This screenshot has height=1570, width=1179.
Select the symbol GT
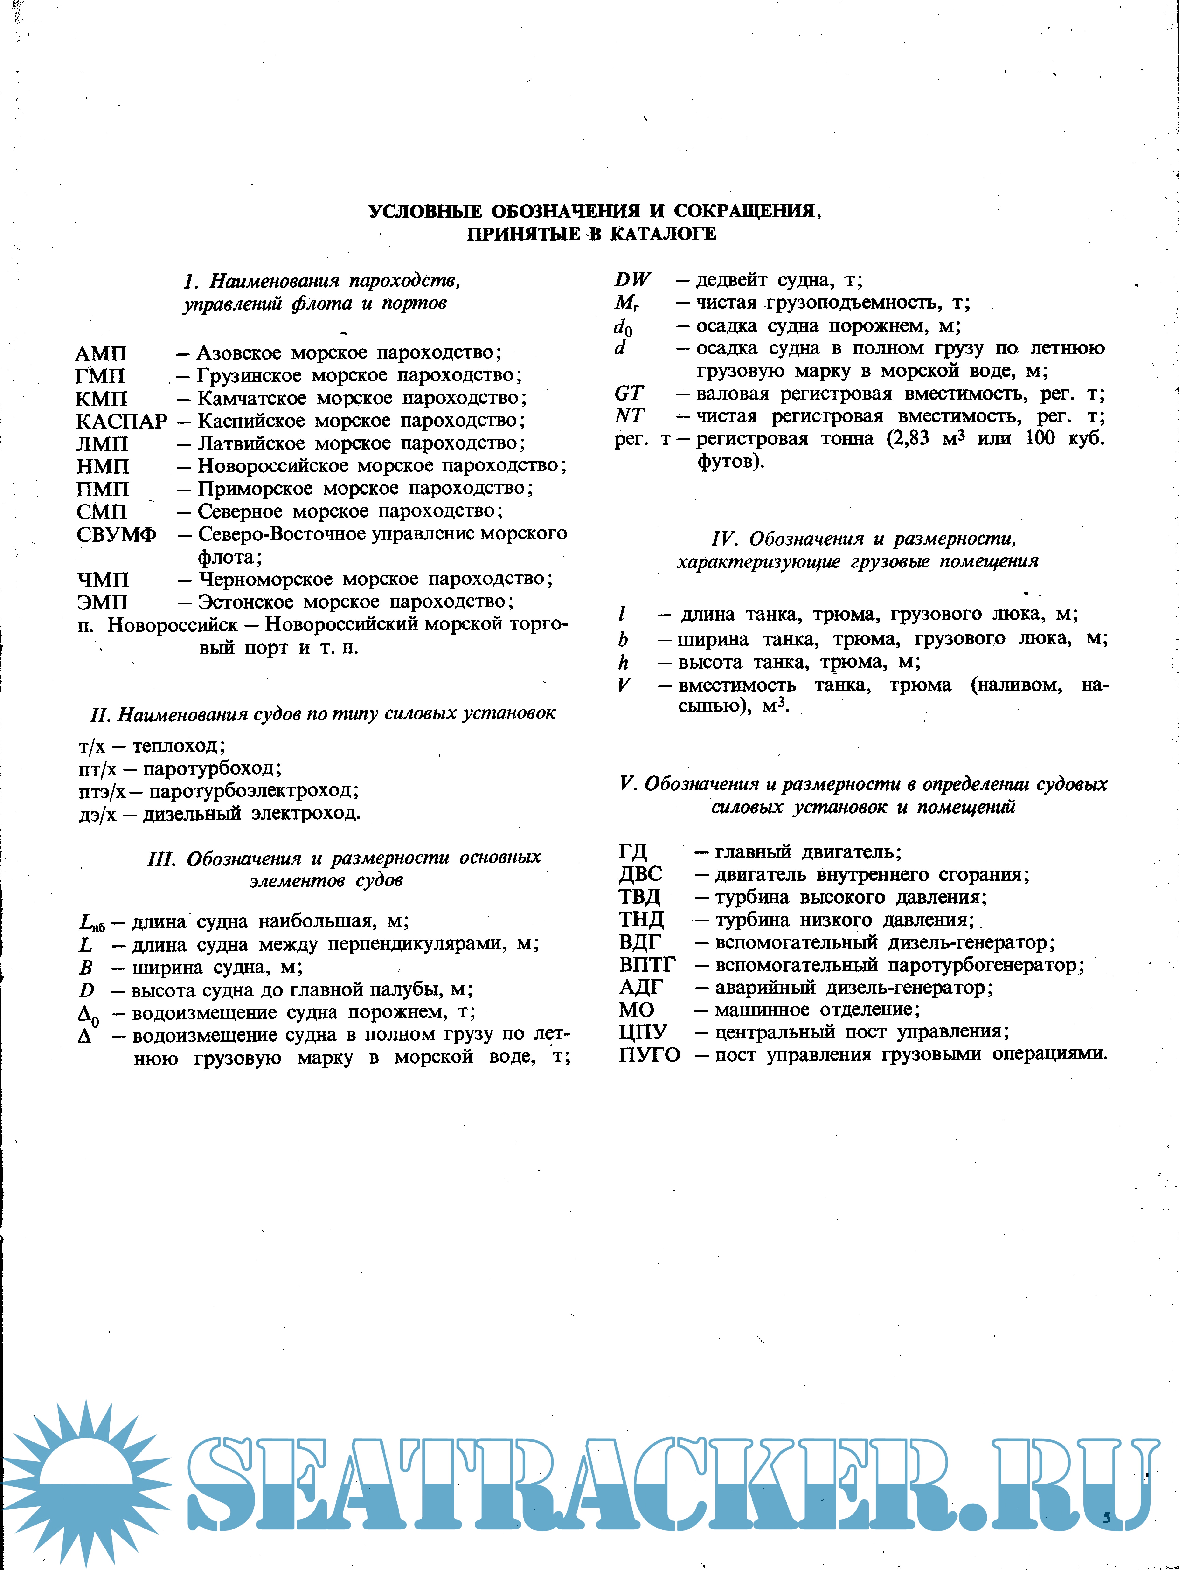coord(629,393)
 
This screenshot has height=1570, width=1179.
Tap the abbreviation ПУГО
coord(649,1055)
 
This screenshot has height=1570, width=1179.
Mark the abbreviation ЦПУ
coord(642,1032)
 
